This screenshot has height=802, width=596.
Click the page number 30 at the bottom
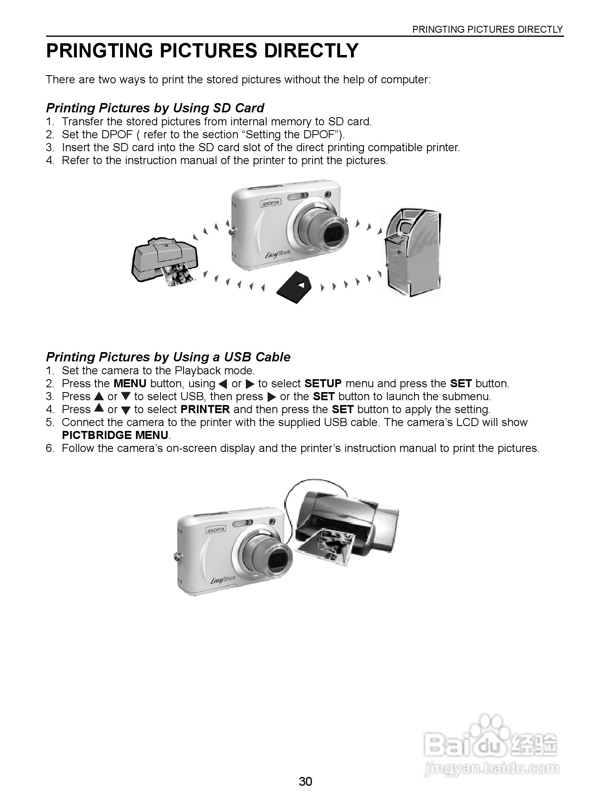(x=305, y=781)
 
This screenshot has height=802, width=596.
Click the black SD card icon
(x=294, y=287)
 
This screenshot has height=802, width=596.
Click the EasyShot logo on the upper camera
(x=277, y=254)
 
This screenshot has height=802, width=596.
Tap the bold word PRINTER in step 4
(x=205, y=409)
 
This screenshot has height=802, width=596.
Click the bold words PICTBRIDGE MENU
(x=115, y=435)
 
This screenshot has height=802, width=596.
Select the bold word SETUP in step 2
(x=323, y=384)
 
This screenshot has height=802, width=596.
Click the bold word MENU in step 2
(x=130, y=384)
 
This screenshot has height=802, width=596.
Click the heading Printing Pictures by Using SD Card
(x=155, y=108)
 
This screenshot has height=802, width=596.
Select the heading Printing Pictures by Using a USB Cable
(x=168, y=357)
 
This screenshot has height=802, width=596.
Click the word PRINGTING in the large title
(x=99, y=51)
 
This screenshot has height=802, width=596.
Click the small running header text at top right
(x=487, y=30)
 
